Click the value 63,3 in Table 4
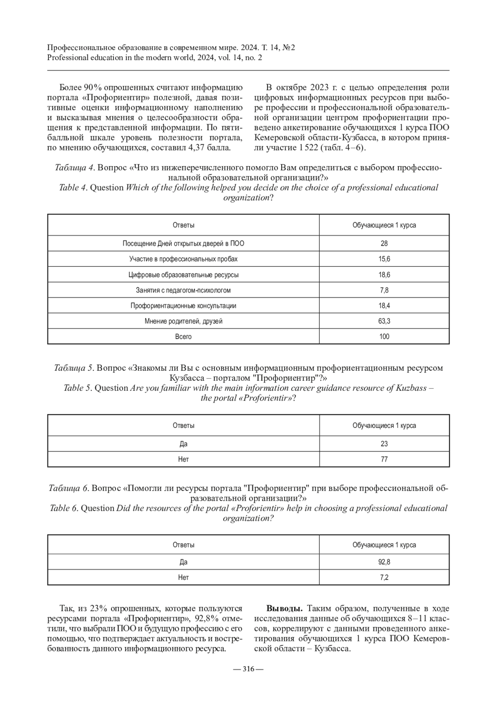[384, 321]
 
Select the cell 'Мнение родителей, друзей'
[183, 321]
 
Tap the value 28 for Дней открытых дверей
[384, 243]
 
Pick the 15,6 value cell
[384, 259]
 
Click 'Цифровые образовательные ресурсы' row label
[183, 275]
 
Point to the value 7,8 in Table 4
[384, 290]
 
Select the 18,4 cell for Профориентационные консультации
[384, 306]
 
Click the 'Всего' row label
[183, 336]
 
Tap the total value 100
[384, 336]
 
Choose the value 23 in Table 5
[384, 444]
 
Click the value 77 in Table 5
[384, 459]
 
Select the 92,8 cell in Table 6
[384, 562]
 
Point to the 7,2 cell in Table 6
[384, 577]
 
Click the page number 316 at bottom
[248, 669]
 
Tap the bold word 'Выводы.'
[284, 609]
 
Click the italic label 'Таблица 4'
[75, 168]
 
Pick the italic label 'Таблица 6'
[69, 488]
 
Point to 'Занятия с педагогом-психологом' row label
[183, 290]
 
